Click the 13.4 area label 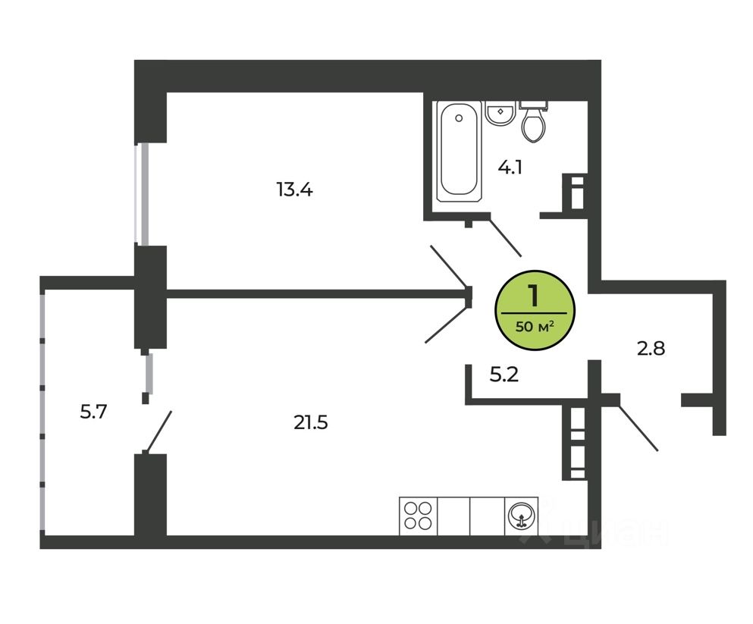(x=294, y=190)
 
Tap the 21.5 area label (x=311, y=423)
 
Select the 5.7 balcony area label (x=93, y=412)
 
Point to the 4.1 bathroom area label (x=510, y=168)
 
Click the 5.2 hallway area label (x=504, y=375)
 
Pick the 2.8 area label (x=651, y=348)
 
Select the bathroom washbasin (x=500, y=113)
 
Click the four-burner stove (x=419, y=516)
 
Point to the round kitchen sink (x=522, y=516)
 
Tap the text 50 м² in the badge (x=535, y=327)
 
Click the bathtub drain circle (x=459, y=118)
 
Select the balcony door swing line (x=158, y=432)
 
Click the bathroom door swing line (x=505, y=237)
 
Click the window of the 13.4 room (x=142, y=194)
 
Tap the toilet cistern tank (x=534, y=104)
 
